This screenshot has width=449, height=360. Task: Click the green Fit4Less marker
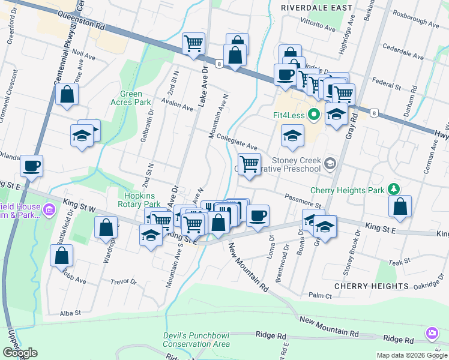pyautogui.click(x=313, y=115)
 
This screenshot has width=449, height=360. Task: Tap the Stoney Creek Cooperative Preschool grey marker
pyautogui.click(x=330, y=163)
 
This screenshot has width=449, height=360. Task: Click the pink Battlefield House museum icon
pyautogui.click(x=49, y=210)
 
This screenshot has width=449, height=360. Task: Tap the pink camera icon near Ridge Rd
pyautogui.click(x=432, y=333)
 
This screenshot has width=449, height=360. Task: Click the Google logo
pyautogui.click(x=20, y=353)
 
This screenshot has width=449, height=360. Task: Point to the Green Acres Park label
pyautogui.click(x=130, y=98)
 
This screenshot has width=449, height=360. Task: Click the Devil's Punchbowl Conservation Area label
pyautogui.click(x=196, y=340)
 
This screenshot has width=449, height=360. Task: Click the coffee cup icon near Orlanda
pyautogui.click(x=31, y=166)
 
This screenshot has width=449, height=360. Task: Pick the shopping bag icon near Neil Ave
pyautogui.click(x=67, y=94)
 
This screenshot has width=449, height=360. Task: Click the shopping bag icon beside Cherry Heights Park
pyautogui.click(x=400, y=206)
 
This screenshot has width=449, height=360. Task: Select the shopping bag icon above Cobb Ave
pyautogui.click(x=61, y=254)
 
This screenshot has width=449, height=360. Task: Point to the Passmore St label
pyautogui.click(x=304, y=200)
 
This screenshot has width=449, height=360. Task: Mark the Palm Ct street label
pyautogui.click(x=320, y=296)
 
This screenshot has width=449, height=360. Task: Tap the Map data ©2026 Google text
pyautogui.click(x=411, y=355)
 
